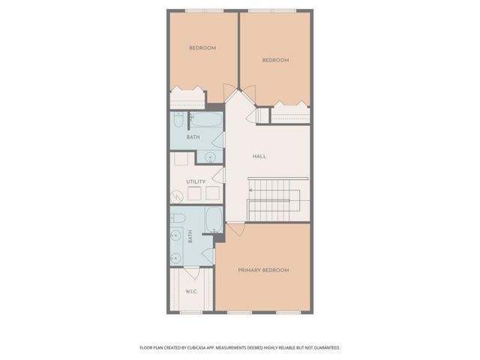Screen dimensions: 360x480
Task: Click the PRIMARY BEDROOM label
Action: click(x=263, y=270)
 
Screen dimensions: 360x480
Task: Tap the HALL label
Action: click(x=259, y=156)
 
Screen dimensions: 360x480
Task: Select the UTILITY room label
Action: click(x=196, y=181)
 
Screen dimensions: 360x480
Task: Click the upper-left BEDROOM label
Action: click(x=202, y=48)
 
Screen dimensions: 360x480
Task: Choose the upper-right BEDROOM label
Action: click(x=275, y=60)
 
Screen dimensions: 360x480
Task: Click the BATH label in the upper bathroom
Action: click(x=193, y=136)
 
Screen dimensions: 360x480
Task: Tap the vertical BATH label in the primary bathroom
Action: click(x=190, y=236)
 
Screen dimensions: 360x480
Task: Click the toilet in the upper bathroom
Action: click(x=178, y=119)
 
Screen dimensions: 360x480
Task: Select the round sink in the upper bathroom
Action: click(x=211, y=157)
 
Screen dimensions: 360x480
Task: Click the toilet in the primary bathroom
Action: click(x=178, y=218)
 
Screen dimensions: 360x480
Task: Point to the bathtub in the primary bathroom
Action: click(x=213, y=220)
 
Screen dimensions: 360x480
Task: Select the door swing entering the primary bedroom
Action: click(x=235, y=229)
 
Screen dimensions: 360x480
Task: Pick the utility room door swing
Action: click(x=219, y=176)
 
